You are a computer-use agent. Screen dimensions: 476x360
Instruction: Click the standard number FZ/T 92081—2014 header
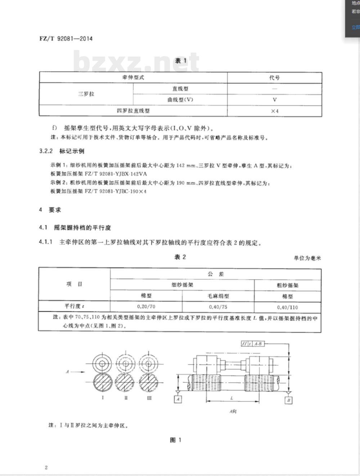coord(66,38)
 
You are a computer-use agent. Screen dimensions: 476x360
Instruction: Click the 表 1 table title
coord(180,60)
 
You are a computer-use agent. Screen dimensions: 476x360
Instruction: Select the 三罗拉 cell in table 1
coord(86,94)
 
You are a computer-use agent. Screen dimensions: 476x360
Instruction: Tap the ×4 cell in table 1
coord(275,111)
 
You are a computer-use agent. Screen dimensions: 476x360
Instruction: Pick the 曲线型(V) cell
coord(180,99)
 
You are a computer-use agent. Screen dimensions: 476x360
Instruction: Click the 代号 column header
coord(274,77)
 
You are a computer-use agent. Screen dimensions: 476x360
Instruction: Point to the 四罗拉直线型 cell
coord(133,111)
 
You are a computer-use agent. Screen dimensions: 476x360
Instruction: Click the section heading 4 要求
coord(50,210)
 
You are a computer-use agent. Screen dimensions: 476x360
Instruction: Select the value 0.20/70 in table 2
coord(146,307)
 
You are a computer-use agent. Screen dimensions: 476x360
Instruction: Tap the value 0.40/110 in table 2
coord(287,307)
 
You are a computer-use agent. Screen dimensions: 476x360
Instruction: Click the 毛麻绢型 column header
coord(218,296)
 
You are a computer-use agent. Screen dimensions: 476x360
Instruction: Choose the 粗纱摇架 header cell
coord(287,285)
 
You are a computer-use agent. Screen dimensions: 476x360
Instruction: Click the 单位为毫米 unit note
coord(307,258)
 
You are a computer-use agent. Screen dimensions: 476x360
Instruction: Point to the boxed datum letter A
coord(178,399)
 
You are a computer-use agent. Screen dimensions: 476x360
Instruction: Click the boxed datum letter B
coord(288,400)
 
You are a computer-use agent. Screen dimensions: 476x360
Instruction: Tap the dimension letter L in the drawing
coord(231,398)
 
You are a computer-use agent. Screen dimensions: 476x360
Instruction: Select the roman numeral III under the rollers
coord(149,398)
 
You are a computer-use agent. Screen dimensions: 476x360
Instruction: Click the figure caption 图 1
coord(175,440)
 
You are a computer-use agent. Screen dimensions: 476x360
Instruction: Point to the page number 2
coord(46,467)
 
